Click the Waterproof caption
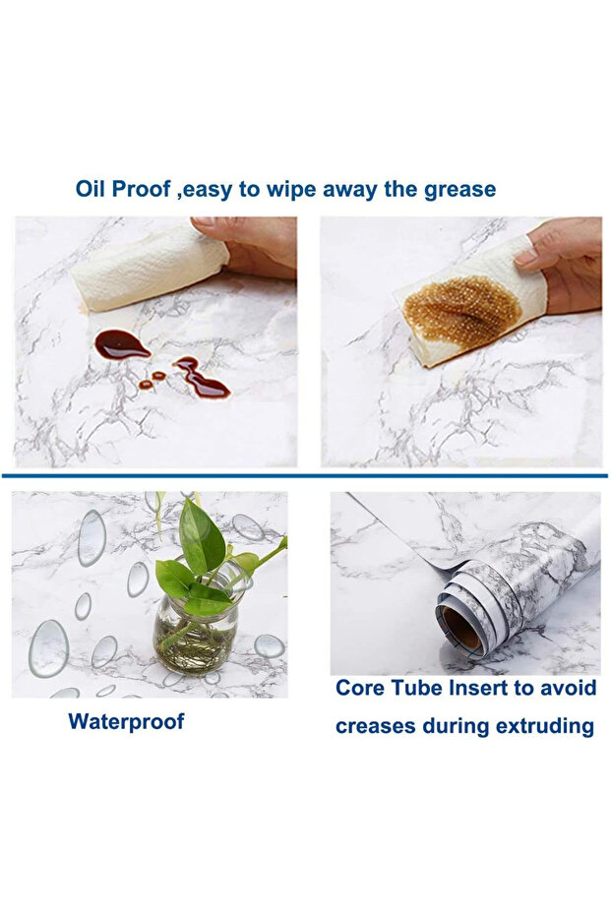126,721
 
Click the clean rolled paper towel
151,270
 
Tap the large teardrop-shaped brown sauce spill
122,344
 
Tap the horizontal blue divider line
305,476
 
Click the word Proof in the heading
141,189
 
